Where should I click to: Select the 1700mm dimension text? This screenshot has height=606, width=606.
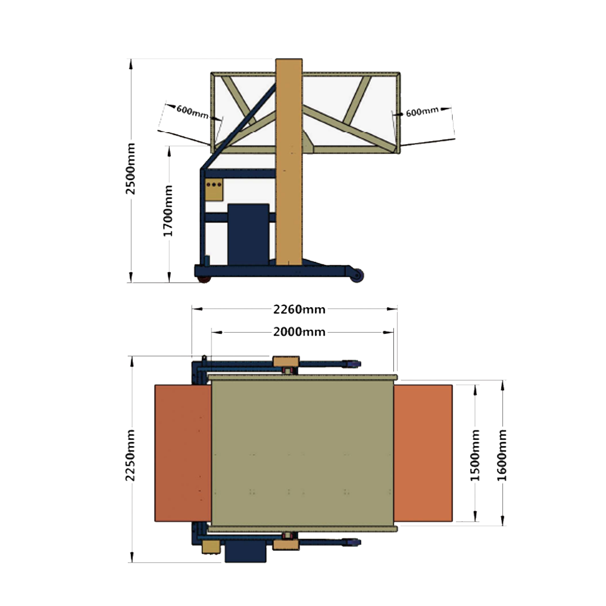click(x=168, y=210)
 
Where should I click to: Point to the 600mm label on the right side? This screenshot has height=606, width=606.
click(x=422, y=112)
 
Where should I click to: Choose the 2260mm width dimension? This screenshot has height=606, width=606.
click(x=299, y=310)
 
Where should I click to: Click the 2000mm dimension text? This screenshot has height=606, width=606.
click(x=299, y=332)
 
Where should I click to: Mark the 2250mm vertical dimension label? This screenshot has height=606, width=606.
click(x=131, y=455)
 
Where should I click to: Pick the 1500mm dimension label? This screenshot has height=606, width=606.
click(x=475, y=455)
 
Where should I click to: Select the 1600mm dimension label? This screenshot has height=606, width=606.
click(x=502, y=455)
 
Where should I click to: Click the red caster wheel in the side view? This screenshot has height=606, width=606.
click(x=204, y=279)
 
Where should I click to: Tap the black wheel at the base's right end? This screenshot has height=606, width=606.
click(x=358, y=276)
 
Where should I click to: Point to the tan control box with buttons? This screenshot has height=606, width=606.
click(x=214, y=190)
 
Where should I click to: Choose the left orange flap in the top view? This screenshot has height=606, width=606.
click(x=183, y=453)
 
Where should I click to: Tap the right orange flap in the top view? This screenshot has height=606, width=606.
click(x=423, y=453)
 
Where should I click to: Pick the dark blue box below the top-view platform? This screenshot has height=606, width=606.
click(x=246, y=550)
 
